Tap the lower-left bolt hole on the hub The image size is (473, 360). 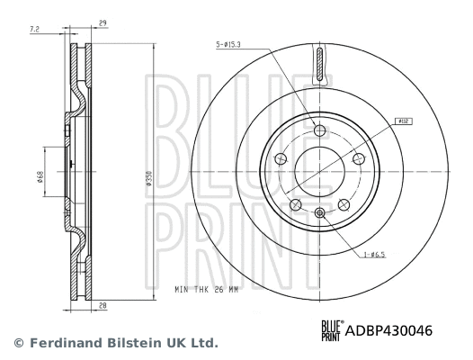point(295,205)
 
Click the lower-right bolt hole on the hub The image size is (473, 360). point(344,205)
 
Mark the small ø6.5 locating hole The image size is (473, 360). point(319,212)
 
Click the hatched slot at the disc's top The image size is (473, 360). point(319,65)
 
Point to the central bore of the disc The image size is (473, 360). point(319,172)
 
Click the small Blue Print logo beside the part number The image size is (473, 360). point(332,331)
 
